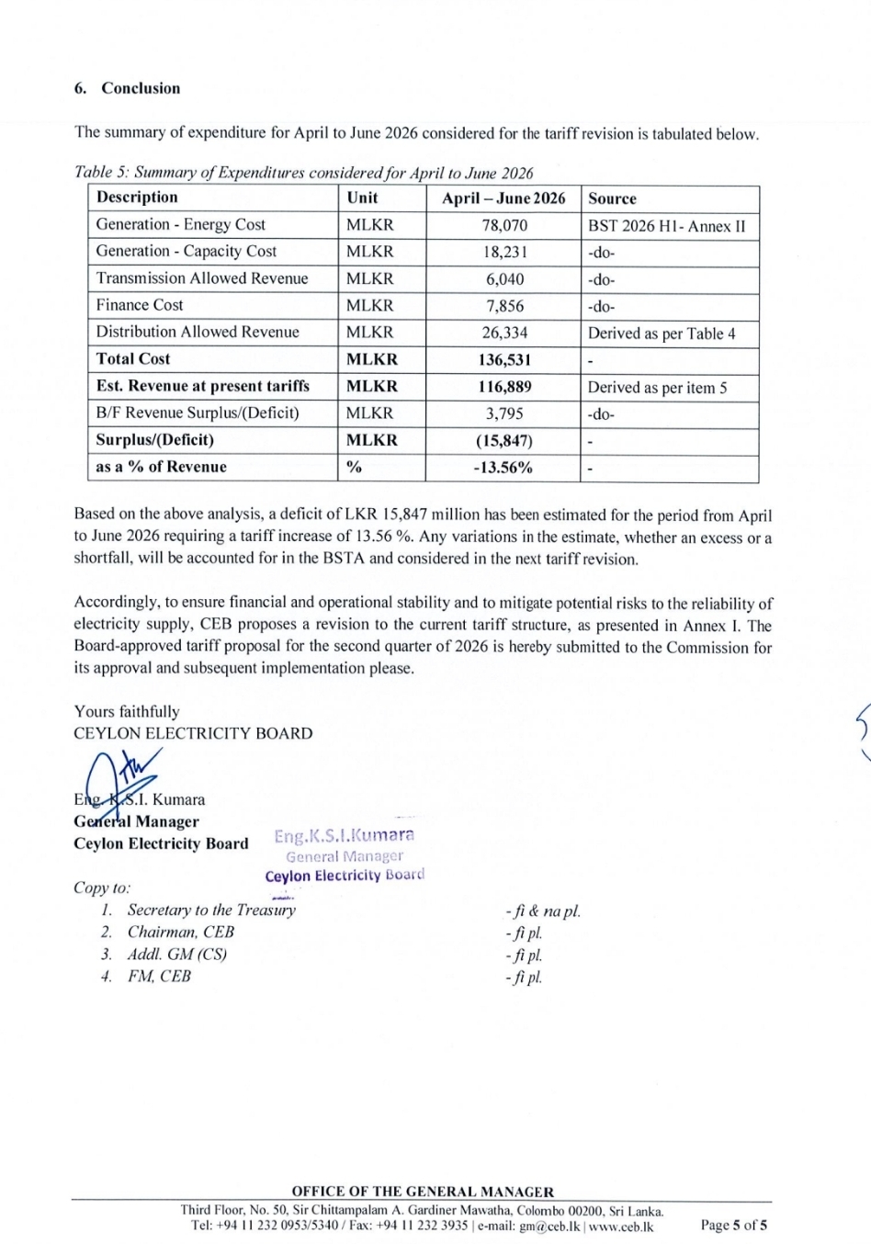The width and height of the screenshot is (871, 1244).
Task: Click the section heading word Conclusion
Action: [x=141, y=88]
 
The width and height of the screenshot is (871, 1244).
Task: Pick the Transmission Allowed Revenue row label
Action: [x=202, y=278]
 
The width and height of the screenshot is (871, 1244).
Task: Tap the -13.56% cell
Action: [x=503, y=468]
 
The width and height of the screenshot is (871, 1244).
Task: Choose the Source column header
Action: [x=612, y=198]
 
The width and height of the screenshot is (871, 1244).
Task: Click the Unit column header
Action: [x=362, y=198]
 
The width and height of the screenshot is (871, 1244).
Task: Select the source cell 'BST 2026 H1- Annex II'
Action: [x=667, y=226]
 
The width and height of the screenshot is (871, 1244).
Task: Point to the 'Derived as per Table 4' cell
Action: [x=662, y=334]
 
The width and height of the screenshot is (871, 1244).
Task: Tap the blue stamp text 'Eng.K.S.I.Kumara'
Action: [x=344, y=835]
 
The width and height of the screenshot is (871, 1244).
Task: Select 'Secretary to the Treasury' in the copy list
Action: [x=211, y=910]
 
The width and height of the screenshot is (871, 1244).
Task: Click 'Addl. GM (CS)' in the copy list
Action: [x=176, y=954]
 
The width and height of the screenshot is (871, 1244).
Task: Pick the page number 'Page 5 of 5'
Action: [x=733, y=1225]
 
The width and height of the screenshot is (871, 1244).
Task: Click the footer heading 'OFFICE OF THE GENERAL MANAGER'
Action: [x=423, y=1192]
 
